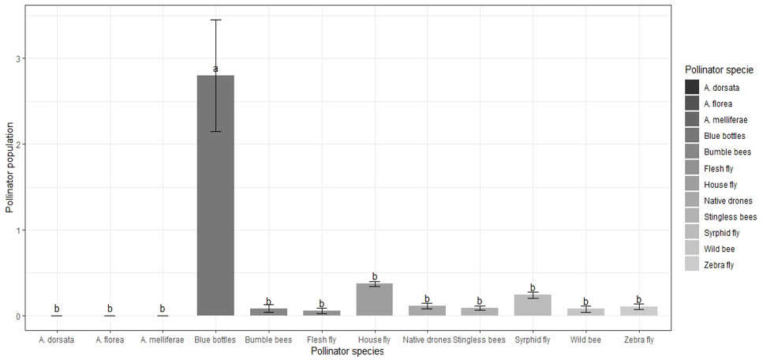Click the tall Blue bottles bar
click(215, 195)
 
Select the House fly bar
click(374, 299)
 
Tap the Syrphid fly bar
click(533, 305)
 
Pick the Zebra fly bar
click(639, 311)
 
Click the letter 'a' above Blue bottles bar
click(215, 69)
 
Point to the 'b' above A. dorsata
click(57, 309)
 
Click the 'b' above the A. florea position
click(110, 309)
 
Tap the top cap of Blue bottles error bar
click(215, 20)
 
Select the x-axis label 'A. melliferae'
click(163, 340)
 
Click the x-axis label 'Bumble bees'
click(268, 340)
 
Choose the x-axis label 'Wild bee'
click(586, 340)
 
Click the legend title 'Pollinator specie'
click(719, 69)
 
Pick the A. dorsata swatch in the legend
click(691, 88)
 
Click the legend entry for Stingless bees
click(720, 217)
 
